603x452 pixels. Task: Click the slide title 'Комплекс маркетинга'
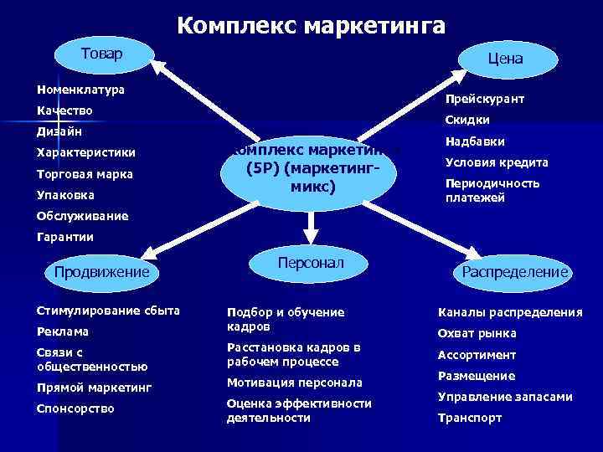[x=311, y=25]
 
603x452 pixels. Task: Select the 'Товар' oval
[x=100, y=55]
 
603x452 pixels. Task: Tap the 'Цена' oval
[x=506, y=59]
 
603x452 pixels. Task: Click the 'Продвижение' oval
[x=101, y=272]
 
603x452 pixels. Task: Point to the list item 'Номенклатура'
[x=80, y=89]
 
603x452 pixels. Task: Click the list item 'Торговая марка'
[x=85, y=174]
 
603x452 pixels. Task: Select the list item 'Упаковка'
[x=65, y=195]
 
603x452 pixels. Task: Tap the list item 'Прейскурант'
[x=485, y=99]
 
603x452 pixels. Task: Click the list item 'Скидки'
[x=467, y=120]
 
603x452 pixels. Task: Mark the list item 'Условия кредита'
[x=497, y=162]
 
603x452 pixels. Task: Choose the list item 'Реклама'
[x=63, y=331]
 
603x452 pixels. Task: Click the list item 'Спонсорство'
[x=75, y=408]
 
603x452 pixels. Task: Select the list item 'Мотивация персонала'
[x=294, y=382]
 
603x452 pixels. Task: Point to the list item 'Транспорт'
[x=470, y=417]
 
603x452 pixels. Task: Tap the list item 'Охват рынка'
[x=477, y=333]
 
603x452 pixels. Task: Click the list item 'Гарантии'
[x=65, y=237]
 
